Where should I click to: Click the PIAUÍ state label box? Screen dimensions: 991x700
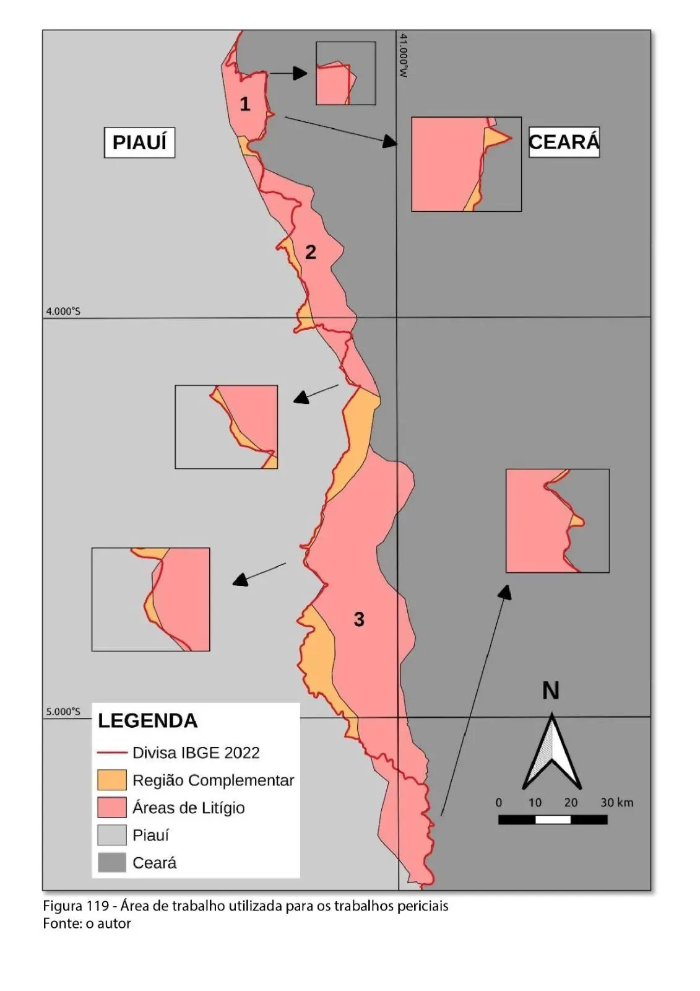[x=139, y=142]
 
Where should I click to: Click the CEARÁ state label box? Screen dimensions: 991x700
[x=564, y=142]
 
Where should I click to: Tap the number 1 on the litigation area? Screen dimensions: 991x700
[x=245, y=104]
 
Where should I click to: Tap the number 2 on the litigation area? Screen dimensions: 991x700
[x=311, y=252]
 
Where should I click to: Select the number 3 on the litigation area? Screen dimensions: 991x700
[x=359, y=619]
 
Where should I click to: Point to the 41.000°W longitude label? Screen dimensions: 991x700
[x=404, y=56]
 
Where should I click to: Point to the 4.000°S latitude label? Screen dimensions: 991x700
[x=63, y=311]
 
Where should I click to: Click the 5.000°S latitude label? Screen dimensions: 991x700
[x=63, y=712]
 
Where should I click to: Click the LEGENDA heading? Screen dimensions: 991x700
[x=147, y=720]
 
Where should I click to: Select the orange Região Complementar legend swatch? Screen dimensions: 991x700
[x=111, y=780]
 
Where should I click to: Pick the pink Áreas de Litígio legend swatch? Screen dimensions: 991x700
[x=111, y=807]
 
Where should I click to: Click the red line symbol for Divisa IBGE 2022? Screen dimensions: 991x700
[x=111, y=753]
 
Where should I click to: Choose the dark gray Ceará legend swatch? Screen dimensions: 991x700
[x=111, y=862]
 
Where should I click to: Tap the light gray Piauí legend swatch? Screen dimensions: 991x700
[x=111, y=835]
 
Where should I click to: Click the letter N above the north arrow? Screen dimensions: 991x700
[x=550, y=691]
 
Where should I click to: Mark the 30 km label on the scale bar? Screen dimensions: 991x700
[x=616, y=802]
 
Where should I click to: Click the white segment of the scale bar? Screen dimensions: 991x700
[x=553, y=819]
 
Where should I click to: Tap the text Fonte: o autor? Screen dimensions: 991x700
[x=87, y=923]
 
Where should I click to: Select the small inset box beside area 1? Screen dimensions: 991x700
[x=345, y=73]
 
